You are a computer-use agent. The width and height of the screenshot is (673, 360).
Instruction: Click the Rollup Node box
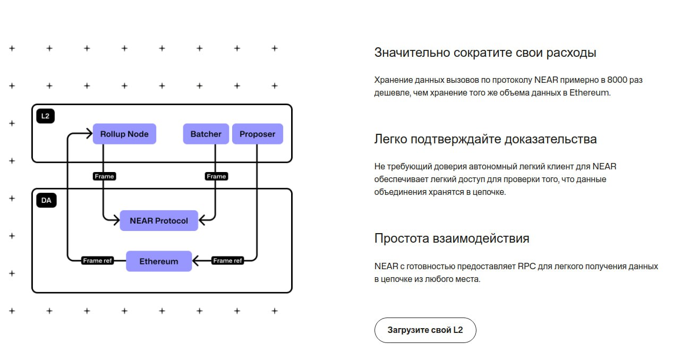click(x=124, y=134)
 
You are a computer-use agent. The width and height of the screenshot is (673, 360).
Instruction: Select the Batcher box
click(x=206, y=134)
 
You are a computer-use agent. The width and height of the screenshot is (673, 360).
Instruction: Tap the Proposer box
click(x=257, y=134)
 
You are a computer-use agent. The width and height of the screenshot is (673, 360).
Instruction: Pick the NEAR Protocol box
click(x=159, y=220)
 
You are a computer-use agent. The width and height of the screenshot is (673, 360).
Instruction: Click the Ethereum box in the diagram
click(x=158, y=261)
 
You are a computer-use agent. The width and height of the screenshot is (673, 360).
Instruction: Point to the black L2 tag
click(x=46, y=116)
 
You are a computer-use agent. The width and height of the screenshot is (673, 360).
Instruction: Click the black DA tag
click(x=46, y=201)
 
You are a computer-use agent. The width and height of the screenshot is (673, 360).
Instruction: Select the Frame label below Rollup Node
click(x=104, y=176)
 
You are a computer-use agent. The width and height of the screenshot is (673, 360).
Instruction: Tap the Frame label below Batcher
click(x=216, y=176)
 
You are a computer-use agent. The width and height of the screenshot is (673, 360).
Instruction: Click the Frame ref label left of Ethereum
click(x=98, y=261)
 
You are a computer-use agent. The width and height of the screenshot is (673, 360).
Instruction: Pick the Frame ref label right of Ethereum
click(x=227, y=261)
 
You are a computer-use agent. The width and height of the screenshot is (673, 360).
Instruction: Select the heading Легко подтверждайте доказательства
click(x=485, y=139)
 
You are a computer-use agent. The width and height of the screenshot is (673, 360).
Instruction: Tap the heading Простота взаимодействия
click(x=451, y=238)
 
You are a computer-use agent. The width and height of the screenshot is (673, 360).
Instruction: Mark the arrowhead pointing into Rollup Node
click(x=89, y=134)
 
